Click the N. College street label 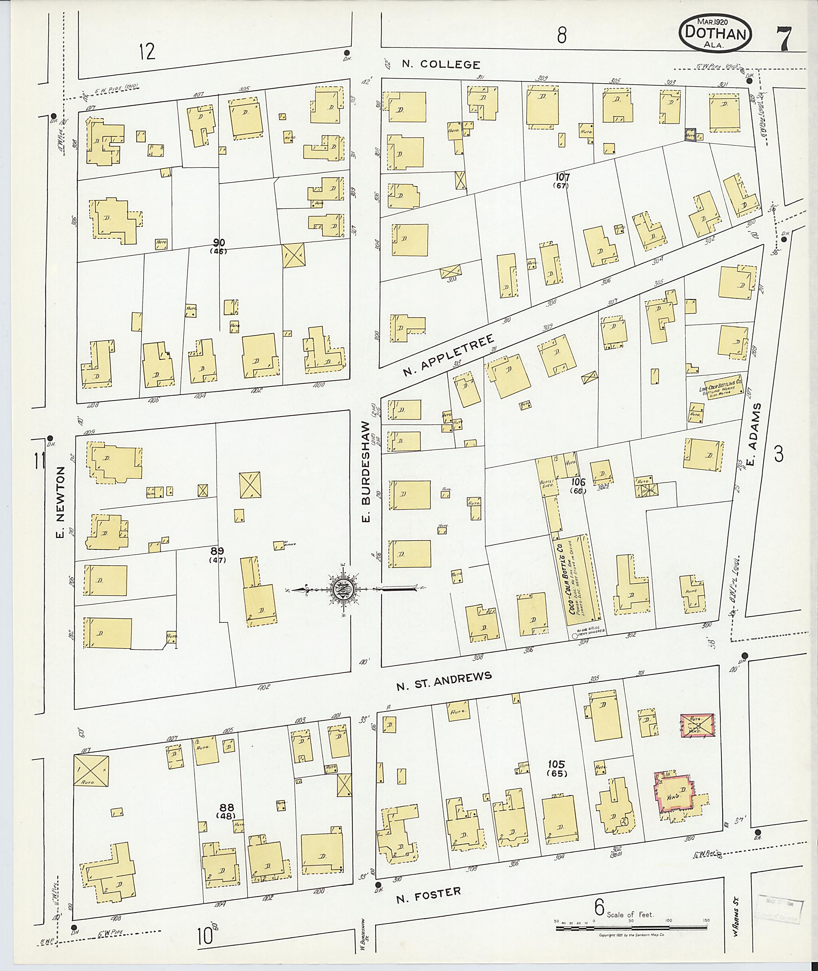coord(440,64)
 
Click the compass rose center coord(342,589)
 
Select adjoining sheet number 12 coord(147,51)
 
